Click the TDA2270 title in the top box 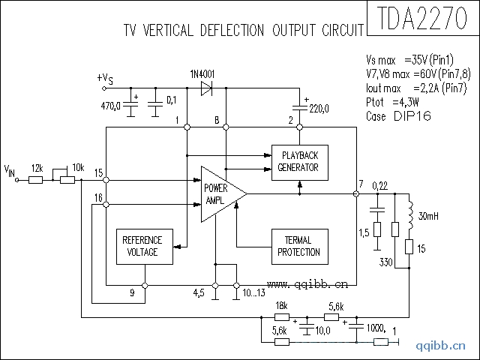click(421, 18)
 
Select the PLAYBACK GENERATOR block click(298, 160)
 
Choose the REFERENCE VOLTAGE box click(142, 246)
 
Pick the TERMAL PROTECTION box click(298, 246)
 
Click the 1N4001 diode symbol click(206, 88)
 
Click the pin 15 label click(99, 173)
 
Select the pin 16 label click(99, 197)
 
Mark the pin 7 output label click(361, 184)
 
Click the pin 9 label click(132, 293)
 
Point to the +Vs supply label click(106, 78)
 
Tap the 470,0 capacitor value click(111, 106)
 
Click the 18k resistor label click(282, 306)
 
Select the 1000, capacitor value click(375, 328)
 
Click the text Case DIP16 click(397, 117)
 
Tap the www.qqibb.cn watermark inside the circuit click(307, 284)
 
